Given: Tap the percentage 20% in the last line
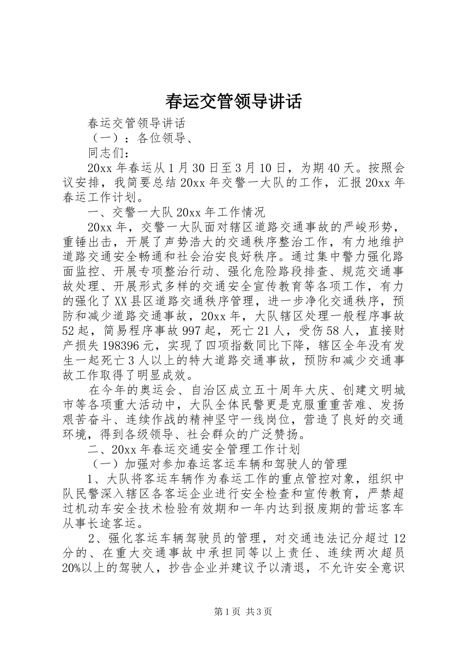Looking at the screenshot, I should click(x=72, y=568).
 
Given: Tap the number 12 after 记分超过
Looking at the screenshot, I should click(x=398, y=539).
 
